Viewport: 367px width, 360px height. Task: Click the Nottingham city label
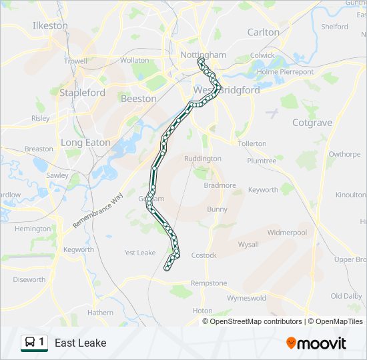pos(204,55)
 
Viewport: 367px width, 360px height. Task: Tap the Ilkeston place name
pos(50,26)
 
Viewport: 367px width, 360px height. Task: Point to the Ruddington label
pos(202,159)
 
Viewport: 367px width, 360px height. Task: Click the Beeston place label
pos(139,99)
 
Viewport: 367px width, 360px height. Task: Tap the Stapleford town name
pos(82,93)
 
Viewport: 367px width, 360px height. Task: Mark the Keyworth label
pos(263,190)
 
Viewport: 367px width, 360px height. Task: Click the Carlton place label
pos(264,32)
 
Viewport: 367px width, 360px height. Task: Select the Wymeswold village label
pos(246,298)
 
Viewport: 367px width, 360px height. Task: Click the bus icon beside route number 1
pos(30,343)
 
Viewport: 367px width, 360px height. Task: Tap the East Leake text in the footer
pos(80,343)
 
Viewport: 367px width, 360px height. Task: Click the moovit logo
pos(316,343)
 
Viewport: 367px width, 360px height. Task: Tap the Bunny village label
pos(217,209)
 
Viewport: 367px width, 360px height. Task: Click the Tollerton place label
pos(252,143)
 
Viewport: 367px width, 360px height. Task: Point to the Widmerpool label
pos(287,233)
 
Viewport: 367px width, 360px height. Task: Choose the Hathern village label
pos(100,312)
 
